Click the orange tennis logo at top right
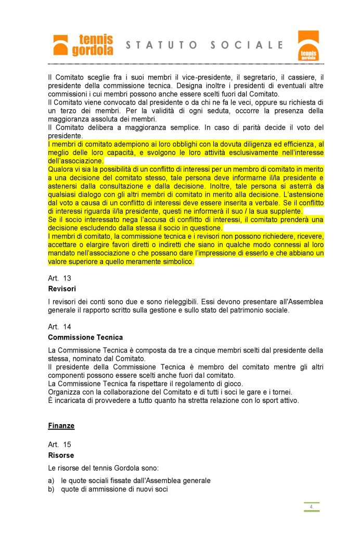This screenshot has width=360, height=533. pos(307,45)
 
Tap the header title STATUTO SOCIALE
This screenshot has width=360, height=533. pos(205,45)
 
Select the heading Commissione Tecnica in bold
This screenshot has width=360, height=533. pos(85,337)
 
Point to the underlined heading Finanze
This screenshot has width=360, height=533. pos(61,426)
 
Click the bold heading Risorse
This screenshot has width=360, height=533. pos(61,455)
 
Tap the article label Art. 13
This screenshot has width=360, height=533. pos(59,278)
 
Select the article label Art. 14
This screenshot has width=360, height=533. pos(59,327)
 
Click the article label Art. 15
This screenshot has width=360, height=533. pos(59,445)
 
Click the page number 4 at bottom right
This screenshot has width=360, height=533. pos(311,506)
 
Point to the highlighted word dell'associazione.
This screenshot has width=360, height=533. pos(75,161)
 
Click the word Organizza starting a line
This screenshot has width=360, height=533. pos(65,391)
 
